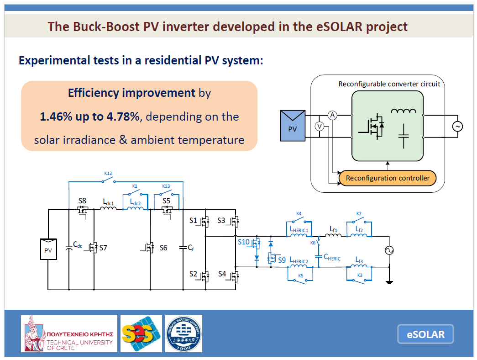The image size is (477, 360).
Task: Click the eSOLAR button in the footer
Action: click(425, 334)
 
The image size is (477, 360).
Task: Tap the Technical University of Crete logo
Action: click(69, 334)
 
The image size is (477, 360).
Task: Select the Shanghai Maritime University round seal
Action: click(183, 334)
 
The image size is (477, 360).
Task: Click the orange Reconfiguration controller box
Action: click(388, 178)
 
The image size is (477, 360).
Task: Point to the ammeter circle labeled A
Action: click(333, 116)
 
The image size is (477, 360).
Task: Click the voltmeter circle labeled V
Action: click(320, 127)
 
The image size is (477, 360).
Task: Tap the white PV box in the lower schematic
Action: click(48, 249)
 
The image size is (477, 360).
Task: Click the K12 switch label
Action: click(108, 174)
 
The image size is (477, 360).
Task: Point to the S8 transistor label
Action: click(82, 201)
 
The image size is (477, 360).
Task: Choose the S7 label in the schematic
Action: click(104, 248)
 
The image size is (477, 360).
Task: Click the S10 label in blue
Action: click(243, 242)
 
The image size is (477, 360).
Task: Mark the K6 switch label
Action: click(313, 243)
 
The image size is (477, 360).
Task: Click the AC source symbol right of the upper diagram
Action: click(456, 127)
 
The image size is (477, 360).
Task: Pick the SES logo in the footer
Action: click(141, 334)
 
